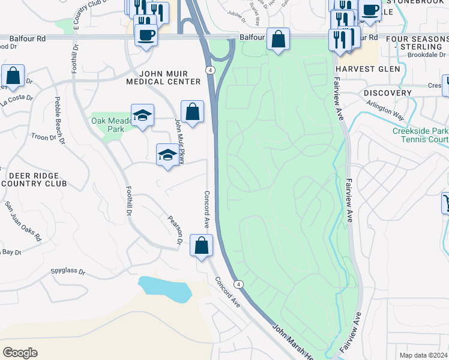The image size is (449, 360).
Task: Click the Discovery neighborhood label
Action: pos(388,93)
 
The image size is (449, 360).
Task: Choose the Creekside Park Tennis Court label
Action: pos(420,136)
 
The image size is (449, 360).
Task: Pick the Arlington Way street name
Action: pos(385,109)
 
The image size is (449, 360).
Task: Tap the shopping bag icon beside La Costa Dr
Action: pos(13,76)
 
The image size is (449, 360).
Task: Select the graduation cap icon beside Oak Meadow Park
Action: pos(142,115)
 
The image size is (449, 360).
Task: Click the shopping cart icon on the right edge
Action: pos(446,203)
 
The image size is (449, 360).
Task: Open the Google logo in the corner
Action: pos(20,352)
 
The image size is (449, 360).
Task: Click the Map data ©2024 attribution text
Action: pos(423,355)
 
